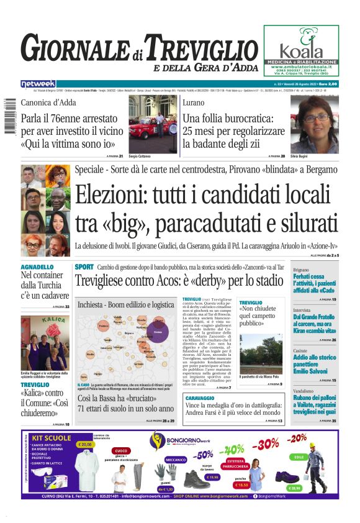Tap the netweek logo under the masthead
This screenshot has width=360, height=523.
click(38, 84)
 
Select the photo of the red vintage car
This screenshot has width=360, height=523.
click(152, 124)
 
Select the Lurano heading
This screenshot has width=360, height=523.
click(195, 102)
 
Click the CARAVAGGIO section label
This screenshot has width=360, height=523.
click(200, 397)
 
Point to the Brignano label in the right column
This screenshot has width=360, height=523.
click(301, 270)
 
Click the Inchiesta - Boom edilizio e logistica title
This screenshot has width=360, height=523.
click(125, 305)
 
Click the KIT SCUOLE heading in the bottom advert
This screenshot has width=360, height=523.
click(51, 438)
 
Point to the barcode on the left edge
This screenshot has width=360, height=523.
click(7, 118)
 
